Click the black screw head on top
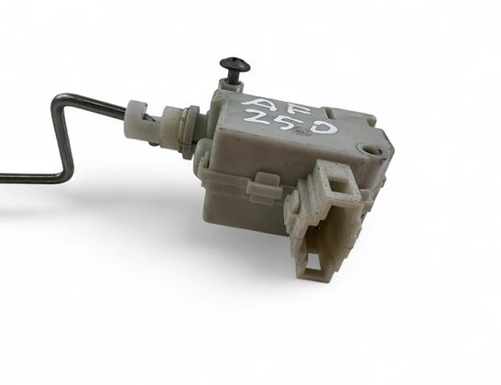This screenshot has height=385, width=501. coord(235,64)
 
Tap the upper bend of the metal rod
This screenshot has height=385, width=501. coord(60,100)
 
